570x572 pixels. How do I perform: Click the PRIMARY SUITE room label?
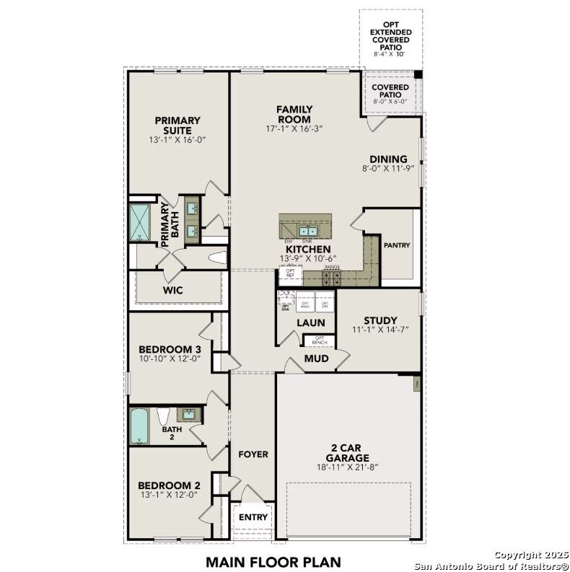[177, 126]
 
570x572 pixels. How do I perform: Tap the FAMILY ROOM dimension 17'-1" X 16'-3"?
[294, 128]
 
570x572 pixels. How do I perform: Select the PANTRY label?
[397, 245]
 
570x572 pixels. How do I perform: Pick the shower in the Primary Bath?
[138, 222]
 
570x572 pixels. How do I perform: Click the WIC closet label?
[172, 290]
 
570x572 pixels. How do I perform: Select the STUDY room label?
[380, 321]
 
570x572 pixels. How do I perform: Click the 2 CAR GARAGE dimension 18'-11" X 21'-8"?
[347, 467]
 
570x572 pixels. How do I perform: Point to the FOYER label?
[253, 454]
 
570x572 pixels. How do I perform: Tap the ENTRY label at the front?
[253, 517]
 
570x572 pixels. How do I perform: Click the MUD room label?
[316, 358]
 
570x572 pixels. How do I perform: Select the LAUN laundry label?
[310, 323]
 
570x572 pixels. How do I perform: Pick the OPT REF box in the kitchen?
[290, 274]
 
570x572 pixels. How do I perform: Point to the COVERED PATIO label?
[390, 90]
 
